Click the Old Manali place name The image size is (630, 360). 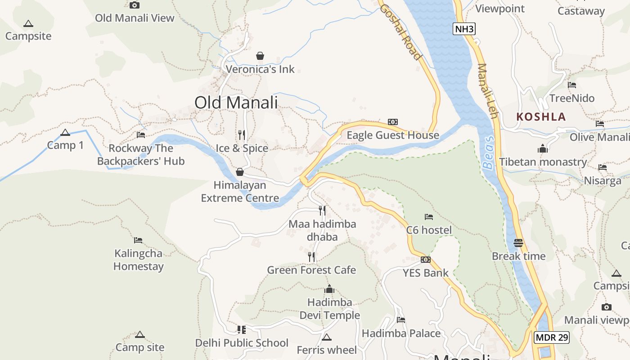(x=236, y=103)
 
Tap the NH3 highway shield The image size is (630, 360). (x=464, y=29)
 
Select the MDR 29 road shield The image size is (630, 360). (x=552, y=337)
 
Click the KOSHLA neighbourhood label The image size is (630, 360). (x=541, y=117)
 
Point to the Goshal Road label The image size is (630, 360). (x=400, y=31)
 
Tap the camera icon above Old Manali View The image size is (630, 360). (x=134, y=5)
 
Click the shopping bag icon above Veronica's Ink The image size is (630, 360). (x=260, y=56)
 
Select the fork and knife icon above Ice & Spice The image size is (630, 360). (x=242, y=135)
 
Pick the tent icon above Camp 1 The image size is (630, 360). (x=65, y=133)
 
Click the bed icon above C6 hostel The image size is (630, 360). (x=428, y=217)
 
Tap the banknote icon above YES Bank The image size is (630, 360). (x=425, y=260)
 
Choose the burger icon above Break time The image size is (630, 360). (x=518, y=243)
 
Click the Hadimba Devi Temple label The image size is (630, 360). (x=330, y=309)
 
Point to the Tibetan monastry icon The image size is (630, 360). (x=543, y=149)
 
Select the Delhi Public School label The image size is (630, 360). (x=242, y=343)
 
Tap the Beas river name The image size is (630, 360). (x=489, y=153)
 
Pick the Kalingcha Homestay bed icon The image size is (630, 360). (x=138, y=240)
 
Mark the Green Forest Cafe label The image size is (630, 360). (x=311, y=270)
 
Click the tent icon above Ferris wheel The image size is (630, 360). (x=327, y=337)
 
